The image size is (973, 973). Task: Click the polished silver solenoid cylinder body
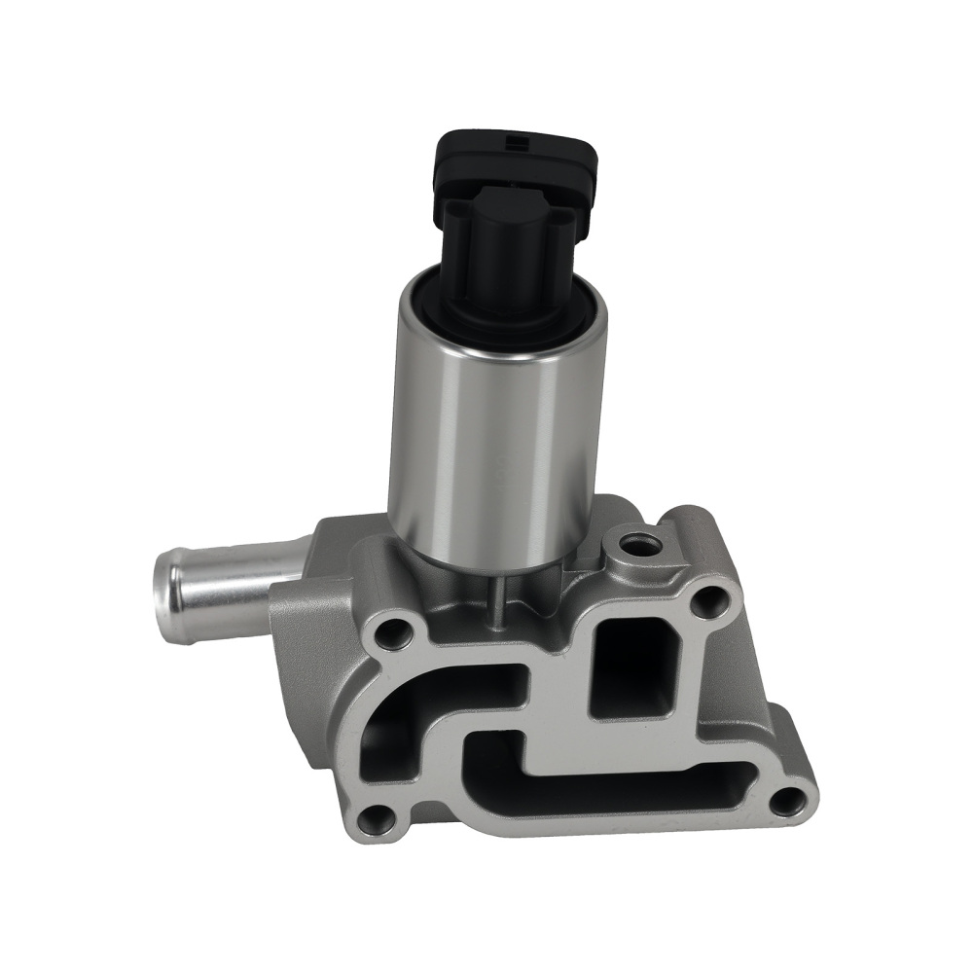(496, 438)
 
